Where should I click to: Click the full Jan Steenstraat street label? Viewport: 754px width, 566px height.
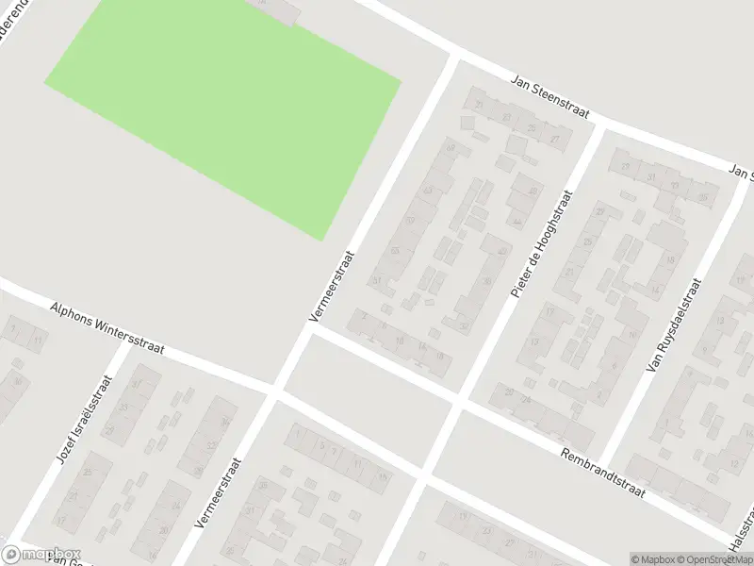pos(549,97)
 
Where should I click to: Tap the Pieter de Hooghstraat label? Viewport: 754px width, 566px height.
pos(542,243)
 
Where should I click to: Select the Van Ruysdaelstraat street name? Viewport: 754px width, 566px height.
pos(675,325)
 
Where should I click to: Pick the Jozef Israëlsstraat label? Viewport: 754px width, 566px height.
pos(85,420)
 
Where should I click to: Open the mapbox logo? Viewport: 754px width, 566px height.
pos(41,555)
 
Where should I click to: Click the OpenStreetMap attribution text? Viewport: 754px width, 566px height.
pos(712,559)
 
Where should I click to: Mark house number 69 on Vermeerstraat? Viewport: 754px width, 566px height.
pos(451,148)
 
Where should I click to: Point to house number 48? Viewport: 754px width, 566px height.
pos(501,252)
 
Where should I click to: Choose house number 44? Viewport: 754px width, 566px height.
pos(517,222)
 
